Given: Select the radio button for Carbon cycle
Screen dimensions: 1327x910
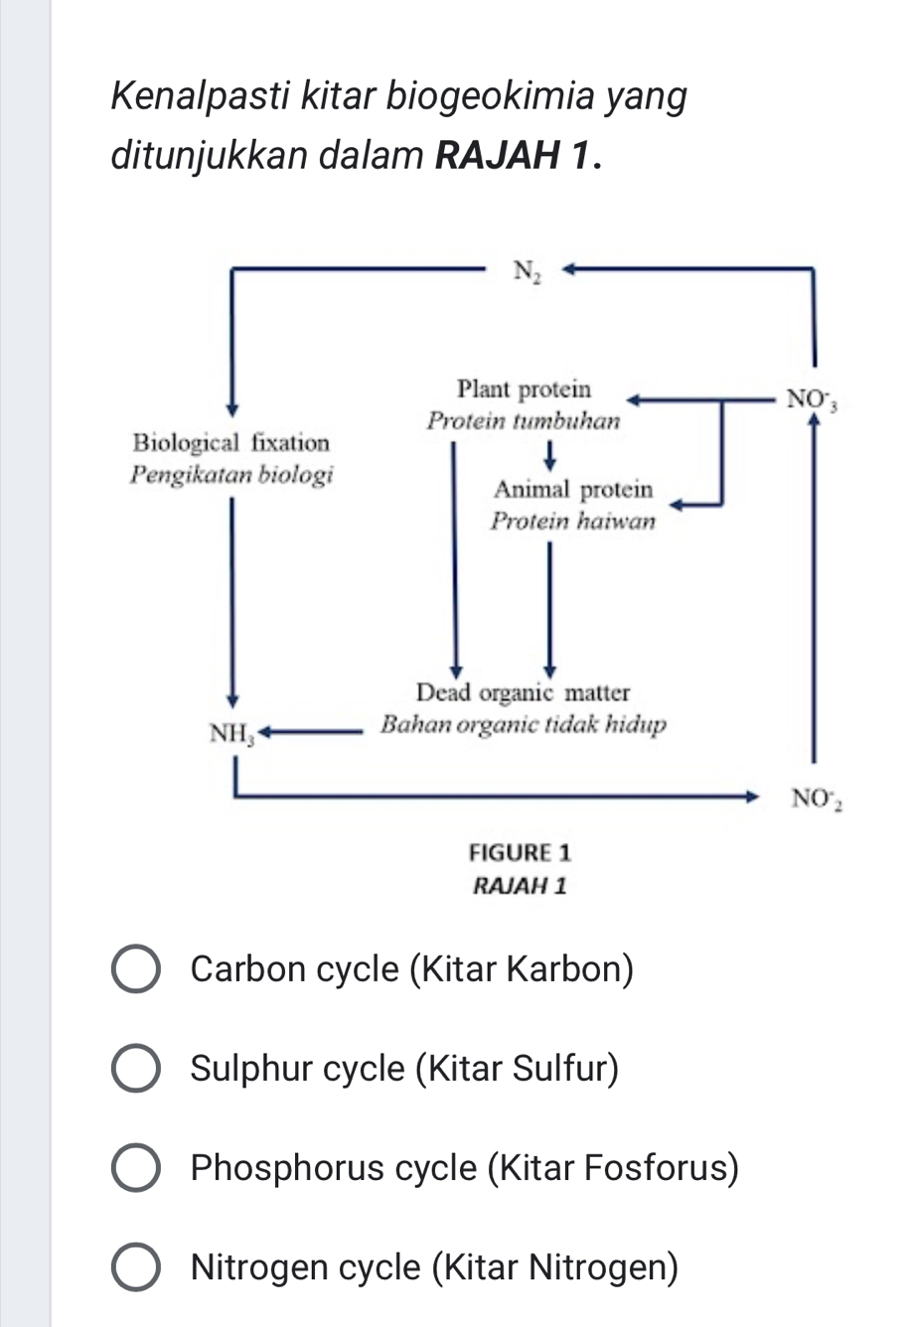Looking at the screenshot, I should pos(135,969).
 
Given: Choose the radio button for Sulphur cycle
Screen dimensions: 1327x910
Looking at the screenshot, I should pos(135,1069).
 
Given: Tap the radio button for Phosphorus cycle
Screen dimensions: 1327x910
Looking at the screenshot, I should pos(135,1168).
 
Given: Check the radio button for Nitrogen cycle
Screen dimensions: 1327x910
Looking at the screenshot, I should pos(135,1268).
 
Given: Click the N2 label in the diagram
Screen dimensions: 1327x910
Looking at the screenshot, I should pos(528,270).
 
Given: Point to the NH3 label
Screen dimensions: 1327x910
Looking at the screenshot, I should pos(231,735).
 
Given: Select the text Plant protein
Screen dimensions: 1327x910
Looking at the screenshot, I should pos(524,388).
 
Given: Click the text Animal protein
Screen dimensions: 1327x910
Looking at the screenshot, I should pos(573,490).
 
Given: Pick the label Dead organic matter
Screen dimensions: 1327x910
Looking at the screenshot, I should pos(523,692).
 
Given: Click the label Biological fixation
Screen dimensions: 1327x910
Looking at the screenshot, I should pos(230,443).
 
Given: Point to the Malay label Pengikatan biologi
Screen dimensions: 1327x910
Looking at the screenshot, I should pos(231,474).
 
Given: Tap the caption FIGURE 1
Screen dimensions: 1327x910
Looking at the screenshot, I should pos(520,852).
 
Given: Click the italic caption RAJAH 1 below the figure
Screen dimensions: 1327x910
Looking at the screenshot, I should pos(520,885).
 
